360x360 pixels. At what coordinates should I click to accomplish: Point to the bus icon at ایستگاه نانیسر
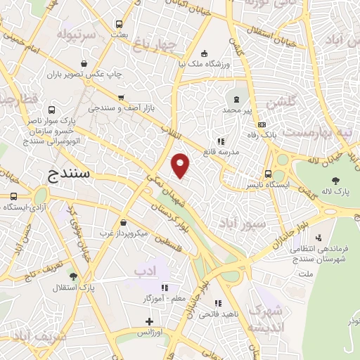pos(268,174)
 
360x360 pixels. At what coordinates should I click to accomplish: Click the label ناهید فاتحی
pos(236,313)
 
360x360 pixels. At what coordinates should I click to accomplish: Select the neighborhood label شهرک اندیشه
pos(267,319)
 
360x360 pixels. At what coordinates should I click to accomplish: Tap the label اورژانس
pos(150,330)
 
